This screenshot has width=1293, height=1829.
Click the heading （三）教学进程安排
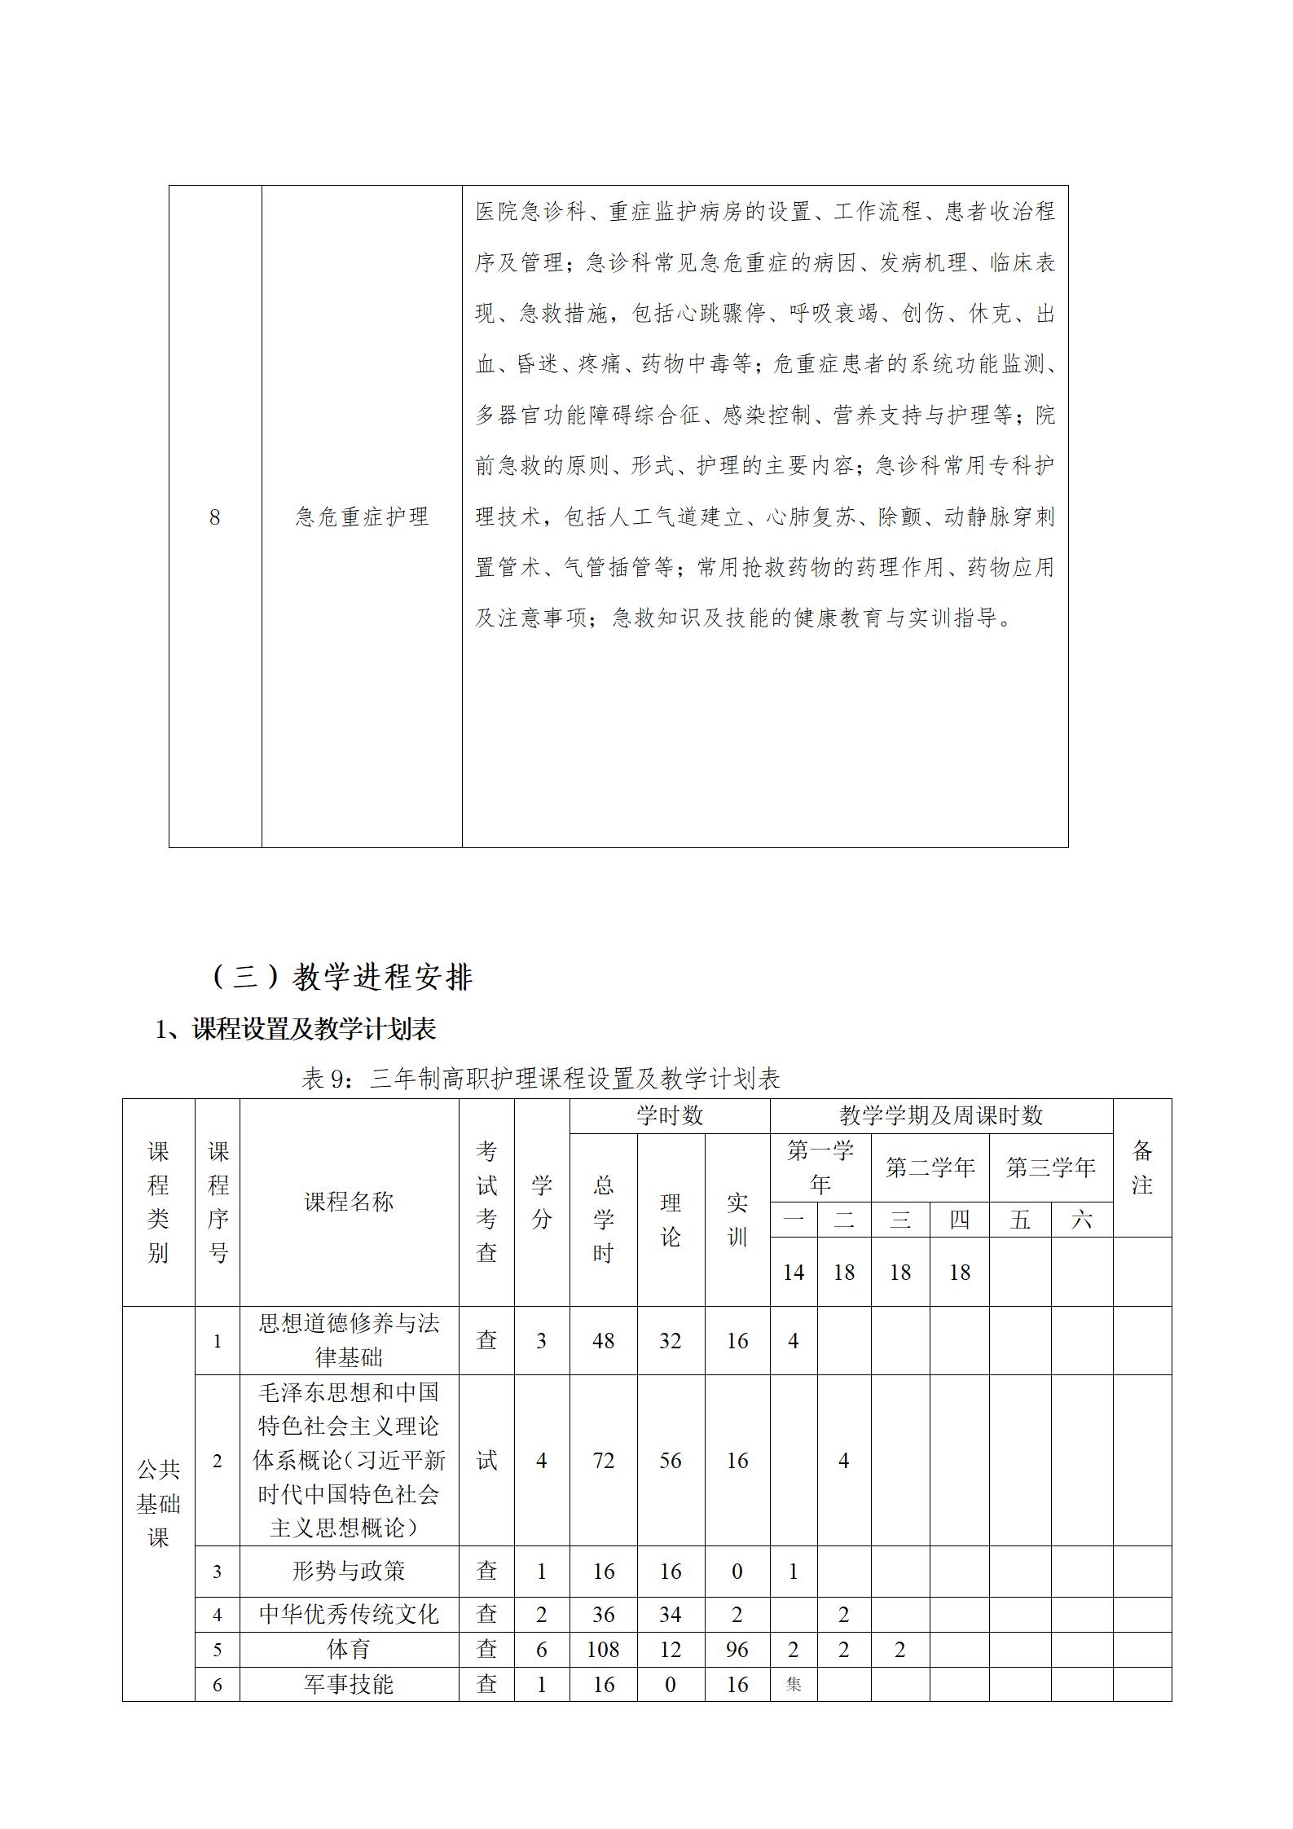pos(341,977)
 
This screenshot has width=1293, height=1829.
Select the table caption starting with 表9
pos(540,1079)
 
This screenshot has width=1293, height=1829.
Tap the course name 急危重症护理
pos(362,517)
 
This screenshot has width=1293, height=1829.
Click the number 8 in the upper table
pos(215,517)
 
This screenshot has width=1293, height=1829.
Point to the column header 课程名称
pos(349,1202)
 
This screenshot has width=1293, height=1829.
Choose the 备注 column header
pos(1141,1167)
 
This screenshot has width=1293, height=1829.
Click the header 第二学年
pos(930,1167)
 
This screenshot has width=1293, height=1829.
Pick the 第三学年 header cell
pos(1050,1167)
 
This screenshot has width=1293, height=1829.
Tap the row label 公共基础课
pos(158,1503)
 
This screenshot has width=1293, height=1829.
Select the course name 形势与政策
pos(349,1571)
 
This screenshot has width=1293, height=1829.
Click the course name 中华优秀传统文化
pos(349,1614)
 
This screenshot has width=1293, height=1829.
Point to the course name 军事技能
pos(349,1684)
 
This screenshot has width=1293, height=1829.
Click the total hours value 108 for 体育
pos(603,1650)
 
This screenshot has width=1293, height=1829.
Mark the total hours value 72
pos(603,1461)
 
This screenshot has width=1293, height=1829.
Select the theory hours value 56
pos(670,1461)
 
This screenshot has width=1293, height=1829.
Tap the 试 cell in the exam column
pos(486,1461)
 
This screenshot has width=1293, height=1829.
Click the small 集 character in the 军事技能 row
pos(794,1684)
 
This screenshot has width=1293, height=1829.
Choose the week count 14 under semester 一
pos(794,1273)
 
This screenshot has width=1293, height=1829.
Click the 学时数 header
pos(670,1115)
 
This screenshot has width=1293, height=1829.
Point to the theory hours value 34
pos(670,1614)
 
